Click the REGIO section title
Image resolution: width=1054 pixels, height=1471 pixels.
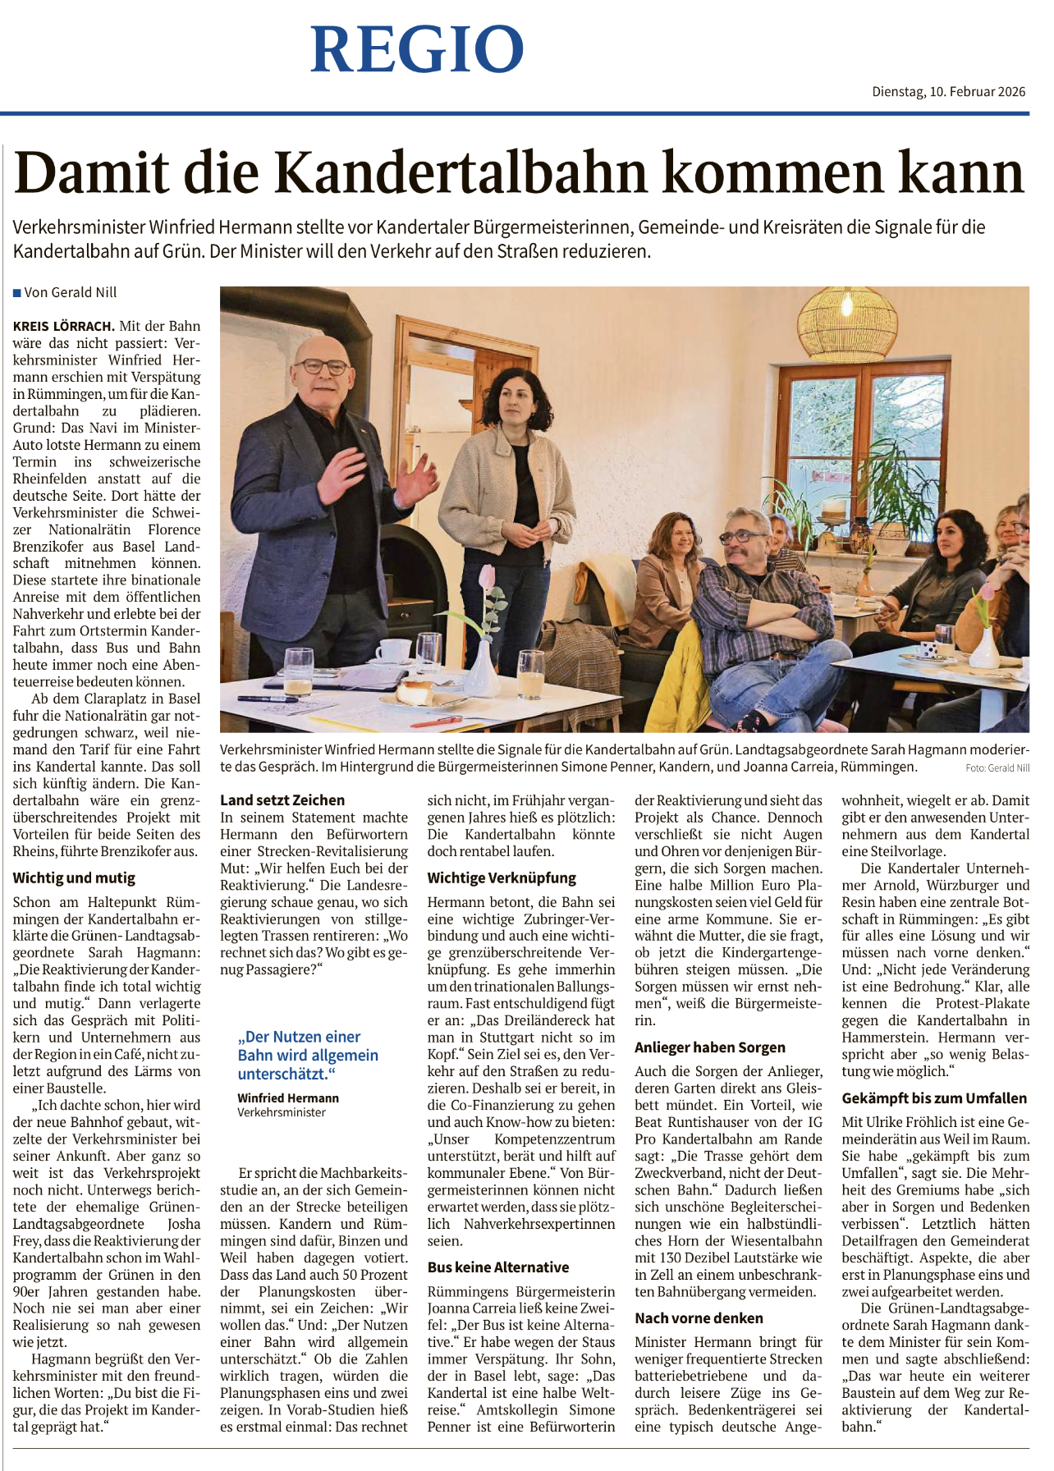pyautogui.click(x=417, y=49)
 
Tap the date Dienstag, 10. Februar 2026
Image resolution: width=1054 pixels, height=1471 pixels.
pyautogui.click(x=948, y=92)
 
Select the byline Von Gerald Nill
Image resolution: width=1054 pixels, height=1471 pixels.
pyautogui.click(x=71, y=292)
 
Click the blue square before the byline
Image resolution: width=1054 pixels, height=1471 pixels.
pyautogui.click(x=16, y=293)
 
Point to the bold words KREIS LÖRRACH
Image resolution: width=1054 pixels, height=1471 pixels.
pyautogui.click(x=63, y=326)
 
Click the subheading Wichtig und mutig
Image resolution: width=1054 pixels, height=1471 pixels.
pyautogui.click(x=74, y=878)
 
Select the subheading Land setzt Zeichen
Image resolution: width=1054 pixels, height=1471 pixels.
pyautogui.click(x=282, y=800)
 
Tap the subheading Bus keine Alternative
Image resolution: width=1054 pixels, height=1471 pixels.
pyautogui.click(x=498, y=1267)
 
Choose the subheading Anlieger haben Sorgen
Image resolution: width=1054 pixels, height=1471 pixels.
pyautogui.click(x=710, y=1047)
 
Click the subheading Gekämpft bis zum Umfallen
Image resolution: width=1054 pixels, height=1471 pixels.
pyautogui.click(x=934, y=1098)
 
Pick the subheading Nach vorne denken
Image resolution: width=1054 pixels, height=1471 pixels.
pyautogui.click(x=699, y=1317)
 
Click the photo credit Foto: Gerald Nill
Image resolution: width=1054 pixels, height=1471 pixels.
pyautogui.click(x=997, y=768)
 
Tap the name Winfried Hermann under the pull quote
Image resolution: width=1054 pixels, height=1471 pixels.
pyautogui.click(x=288, y=1098)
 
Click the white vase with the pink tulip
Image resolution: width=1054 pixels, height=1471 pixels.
pyautogui.click(x=482, y=665)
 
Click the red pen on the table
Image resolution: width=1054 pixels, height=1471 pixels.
pyautogui.click(x=442, y=722)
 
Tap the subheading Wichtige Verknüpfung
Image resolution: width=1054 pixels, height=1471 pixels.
pyautogui.click(x=502, y=878)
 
